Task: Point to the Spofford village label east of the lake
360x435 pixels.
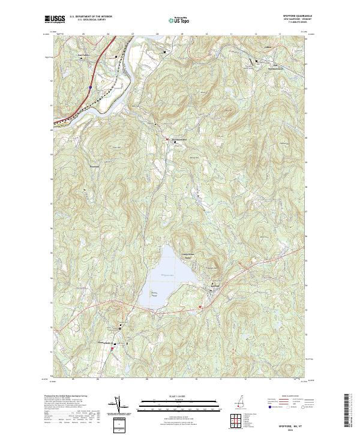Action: click(218, 286)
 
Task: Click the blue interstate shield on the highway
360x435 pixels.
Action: click(90, 87)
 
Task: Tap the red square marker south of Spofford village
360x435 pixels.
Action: click(200, 307)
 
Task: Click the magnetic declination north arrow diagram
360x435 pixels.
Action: click(119, 406)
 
